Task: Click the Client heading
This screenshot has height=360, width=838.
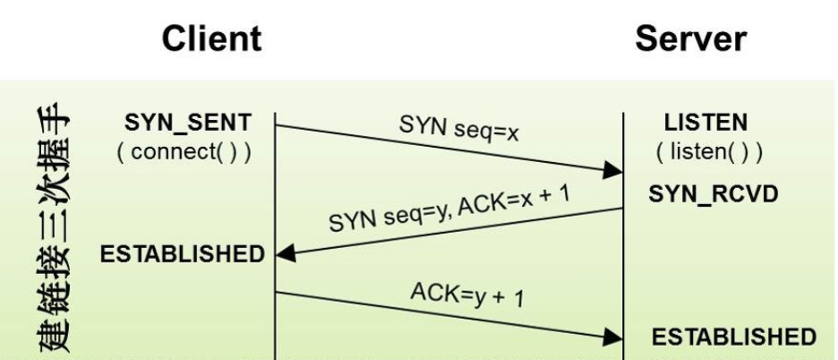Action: pos(212,39)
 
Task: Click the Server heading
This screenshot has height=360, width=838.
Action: pos(690,39)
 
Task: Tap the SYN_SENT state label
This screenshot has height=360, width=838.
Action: pos(188,123)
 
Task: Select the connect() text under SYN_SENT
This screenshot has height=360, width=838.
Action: pos(184,151)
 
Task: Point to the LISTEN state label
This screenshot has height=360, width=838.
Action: pos(705,123)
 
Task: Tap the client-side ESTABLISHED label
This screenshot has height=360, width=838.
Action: pos(183,254)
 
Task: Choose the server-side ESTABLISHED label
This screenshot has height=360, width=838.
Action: pos(733,337)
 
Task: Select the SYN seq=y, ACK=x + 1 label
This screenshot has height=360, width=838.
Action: pos(449,211)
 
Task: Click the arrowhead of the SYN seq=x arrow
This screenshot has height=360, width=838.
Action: pos(613,170)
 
